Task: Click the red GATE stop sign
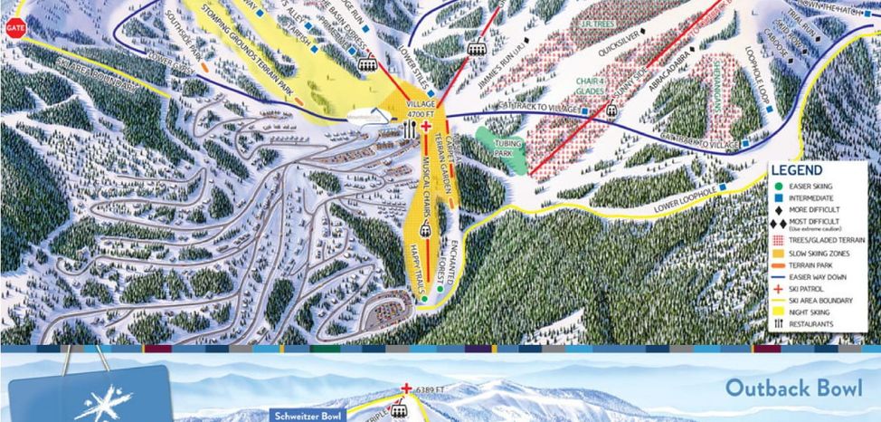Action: click(14, 27)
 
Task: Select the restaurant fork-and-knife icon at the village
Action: click(411, 129)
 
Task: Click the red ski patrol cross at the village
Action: click(425, 129)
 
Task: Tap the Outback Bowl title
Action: click(795, 387)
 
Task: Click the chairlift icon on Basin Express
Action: click(368, 62)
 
